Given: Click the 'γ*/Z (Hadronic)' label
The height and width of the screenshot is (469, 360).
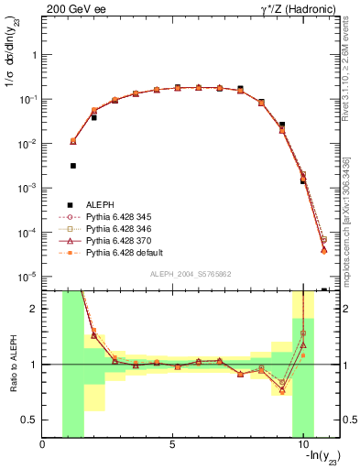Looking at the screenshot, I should click(x=296, y=8).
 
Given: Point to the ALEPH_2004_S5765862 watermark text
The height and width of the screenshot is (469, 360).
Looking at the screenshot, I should click(x=190, y=274).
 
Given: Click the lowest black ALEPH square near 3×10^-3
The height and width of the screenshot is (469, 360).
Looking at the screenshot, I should click(x=73, y=166).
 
